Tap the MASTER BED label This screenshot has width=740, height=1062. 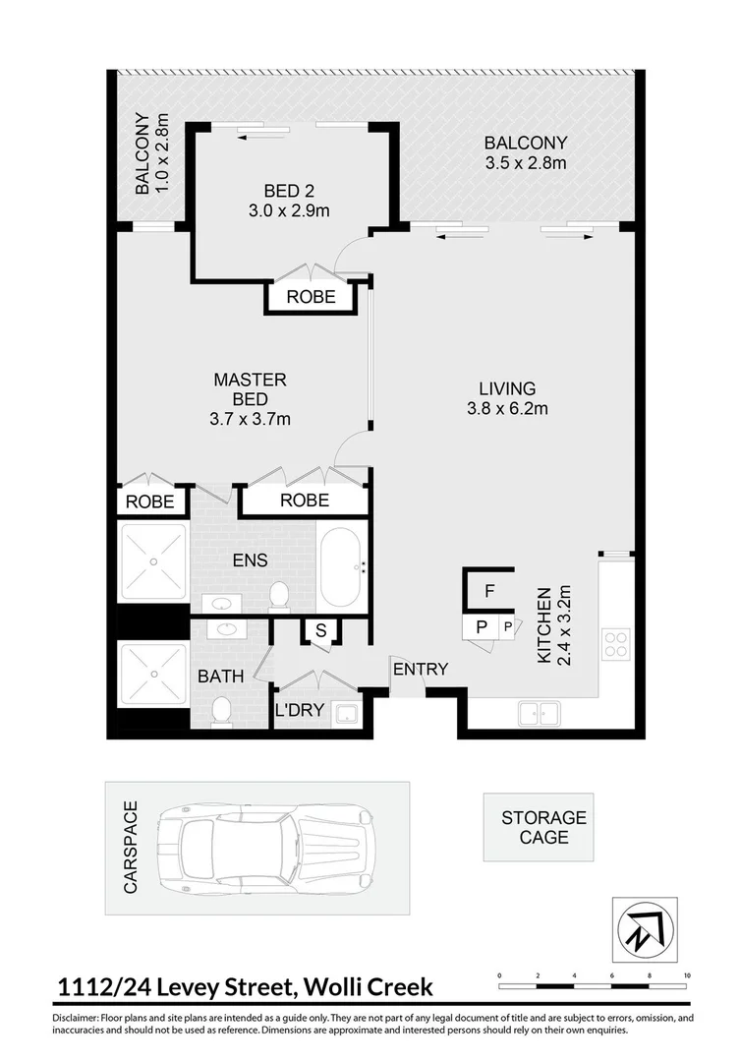point(251,398)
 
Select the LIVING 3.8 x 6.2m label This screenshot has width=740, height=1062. point(506,398)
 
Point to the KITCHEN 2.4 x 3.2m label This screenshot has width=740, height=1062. point(551,626)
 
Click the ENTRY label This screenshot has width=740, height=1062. point(421,670)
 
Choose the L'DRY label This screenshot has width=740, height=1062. point(299,710)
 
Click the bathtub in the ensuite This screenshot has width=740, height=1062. point(341,567)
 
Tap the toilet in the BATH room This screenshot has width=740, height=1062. point(223,710)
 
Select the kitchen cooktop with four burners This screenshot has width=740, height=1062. point(615,644)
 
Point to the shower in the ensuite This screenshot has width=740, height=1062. point(152,561)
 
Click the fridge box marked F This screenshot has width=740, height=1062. point(489,591)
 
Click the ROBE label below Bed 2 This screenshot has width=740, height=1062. point(311,296)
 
